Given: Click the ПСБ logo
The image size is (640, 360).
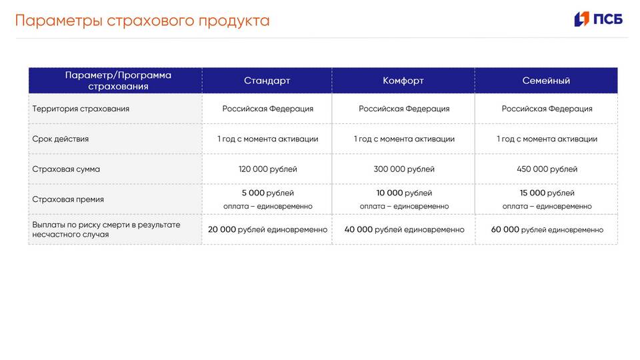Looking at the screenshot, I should point(598,19).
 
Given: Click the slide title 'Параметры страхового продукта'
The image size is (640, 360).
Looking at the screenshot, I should point(142,21).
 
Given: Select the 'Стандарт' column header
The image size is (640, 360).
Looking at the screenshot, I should point(267,81).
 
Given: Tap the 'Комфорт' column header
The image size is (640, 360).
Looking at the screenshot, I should point(403,81).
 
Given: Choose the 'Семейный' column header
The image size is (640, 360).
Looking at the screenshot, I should point(546,81).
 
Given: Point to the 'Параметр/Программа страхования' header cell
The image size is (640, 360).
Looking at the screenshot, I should point(118,81).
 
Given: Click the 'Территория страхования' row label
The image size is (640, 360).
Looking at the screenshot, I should point(81,109).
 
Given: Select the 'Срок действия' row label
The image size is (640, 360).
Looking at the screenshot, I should point(61,139).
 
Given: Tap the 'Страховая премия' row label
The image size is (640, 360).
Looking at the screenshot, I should point(68,199).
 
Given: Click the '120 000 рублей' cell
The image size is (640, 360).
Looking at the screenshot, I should point(267,169).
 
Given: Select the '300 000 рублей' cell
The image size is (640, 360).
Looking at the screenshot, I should point(404,169).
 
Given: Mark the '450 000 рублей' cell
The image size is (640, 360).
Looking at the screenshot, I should point(547,169).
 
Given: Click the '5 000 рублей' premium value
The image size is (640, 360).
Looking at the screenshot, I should point(267,193).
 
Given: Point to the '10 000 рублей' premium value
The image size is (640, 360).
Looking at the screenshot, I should point(404,193).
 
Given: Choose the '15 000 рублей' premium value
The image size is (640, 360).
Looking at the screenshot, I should point(547,193).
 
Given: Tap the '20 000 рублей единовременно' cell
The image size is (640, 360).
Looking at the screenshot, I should point(267,229).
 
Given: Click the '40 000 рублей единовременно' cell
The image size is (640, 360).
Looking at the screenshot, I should point(404,229).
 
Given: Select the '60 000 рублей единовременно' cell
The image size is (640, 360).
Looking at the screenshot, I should point(547,229).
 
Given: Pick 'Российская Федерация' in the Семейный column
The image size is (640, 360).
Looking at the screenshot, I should point(547,109).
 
